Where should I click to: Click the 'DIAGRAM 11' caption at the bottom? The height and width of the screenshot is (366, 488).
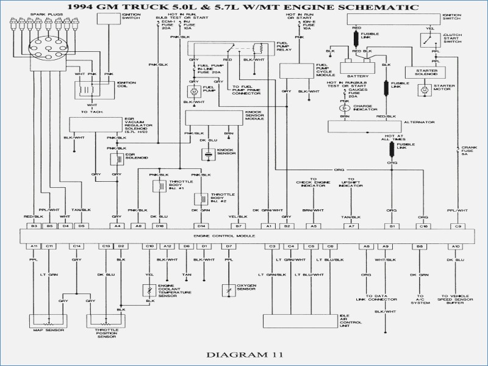click(244, 353)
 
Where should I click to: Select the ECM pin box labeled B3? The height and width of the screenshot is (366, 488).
click(34, 226)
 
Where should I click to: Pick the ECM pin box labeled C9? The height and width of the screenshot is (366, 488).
click(457, 226)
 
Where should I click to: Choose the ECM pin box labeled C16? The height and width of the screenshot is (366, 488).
click(423, 226)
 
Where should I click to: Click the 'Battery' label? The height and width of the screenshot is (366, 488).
click(356, 77)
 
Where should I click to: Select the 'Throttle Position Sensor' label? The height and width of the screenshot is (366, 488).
click(104, 334)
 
